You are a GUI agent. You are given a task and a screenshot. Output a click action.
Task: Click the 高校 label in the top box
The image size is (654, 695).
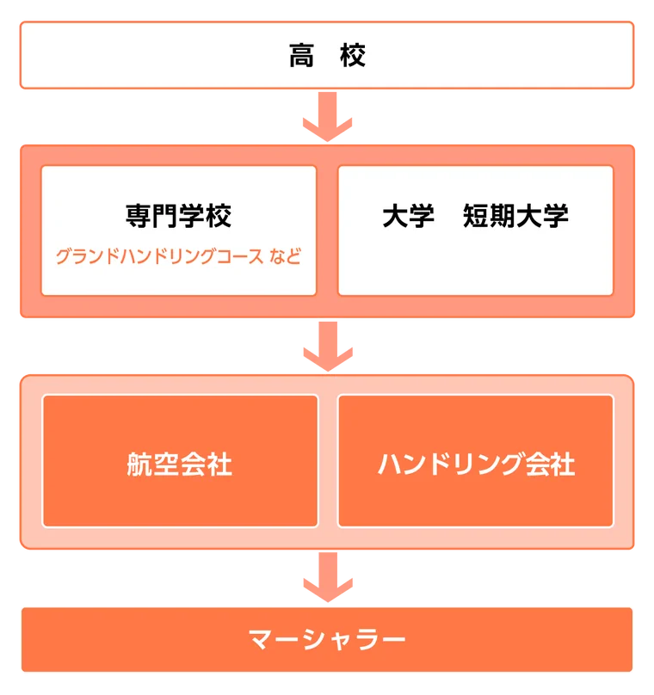[327, 56]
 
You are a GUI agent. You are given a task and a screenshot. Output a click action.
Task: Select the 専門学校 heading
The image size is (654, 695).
[179, 215]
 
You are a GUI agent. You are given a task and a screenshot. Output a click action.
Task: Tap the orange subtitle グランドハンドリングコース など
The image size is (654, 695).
[179, 256]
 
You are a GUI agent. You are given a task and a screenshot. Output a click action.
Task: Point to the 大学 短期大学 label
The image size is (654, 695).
[475, 215]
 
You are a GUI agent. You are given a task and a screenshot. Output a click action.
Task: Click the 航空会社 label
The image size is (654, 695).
[179, 465]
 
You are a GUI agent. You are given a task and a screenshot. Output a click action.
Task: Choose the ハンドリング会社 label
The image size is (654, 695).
[476, 465]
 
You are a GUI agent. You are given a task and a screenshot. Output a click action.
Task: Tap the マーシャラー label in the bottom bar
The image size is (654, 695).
[327, 640]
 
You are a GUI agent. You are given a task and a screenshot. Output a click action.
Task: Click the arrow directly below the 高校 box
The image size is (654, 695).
[327, 116]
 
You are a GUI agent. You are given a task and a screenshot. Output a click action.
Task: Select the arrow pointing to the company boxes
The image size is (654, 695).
[327, 346]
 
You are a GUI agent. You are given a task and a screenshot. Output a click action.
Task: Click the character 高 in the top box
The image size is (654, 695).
[301, 56]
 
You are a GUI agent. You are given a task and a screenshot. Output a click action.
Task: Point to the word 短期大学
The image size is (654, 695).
[515, 215]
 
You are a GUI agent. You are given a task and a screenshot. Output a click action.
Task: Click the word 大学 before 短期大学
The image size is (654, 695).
[408, 215]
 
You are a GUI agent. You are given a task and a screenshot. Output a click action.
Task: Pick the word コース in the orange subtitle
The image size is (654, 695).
[237, 256]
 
